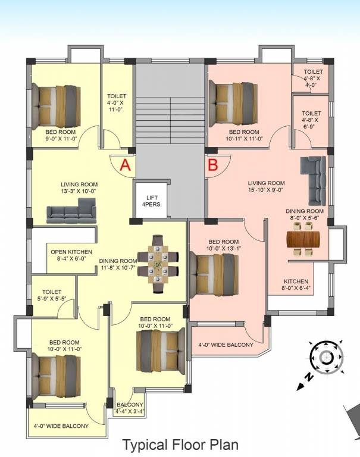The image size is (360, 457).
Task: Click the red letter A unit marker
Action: (x=125, y=165)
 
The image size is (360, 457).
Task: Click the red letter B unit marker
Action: (x=212, y=165)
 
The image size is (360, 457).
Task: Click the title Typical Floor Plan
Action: (x=180, y=444)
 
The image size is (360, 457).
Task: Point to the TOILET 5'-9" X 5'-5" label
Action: (x=52, y=296)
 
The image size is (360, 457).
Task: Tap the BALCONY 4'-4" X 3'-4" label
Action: (x=130, y=408)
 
